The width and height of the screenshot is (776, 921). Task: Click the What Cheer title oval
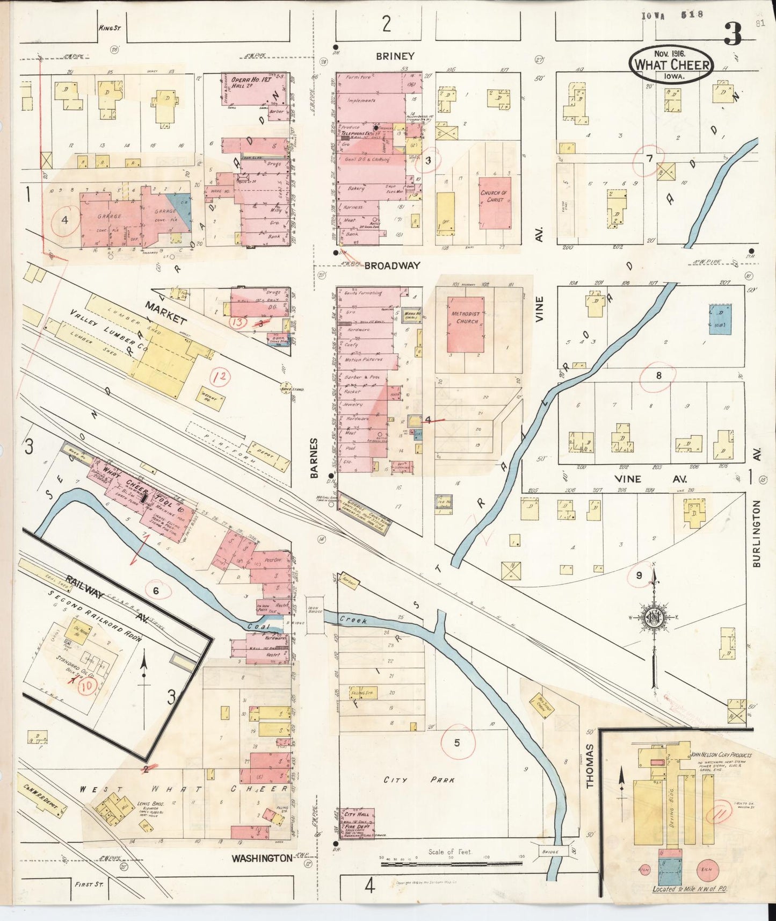point(672,64)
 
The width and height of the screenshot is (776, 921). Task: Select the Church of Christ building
point(495,203)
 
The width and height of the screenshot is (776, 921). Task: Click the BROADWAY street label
point(391,265)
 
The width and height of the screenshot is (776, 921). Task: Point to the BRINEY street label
point(395,56)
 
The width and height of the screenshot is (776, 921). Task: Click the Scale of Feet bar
point(451,864)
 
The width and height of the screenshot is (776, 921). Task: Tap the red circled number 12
point(220,378)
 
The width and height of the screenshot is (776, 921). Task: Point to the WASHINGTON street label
point(262,858)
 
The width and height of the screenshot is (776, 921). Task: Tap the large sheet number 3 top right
point(733,34)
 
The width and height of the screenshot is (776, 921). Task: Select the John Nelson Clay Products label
point(721,755)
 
